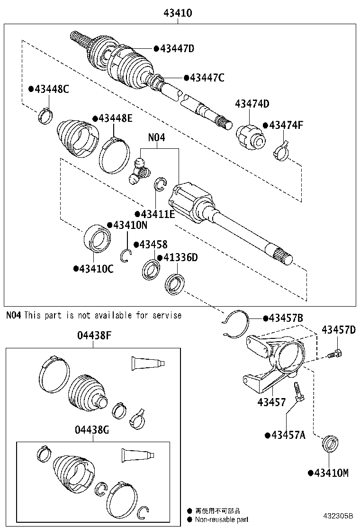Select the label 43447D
[x=177, y=48]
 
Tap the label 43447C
[x=207, y=78]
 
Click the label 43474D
[x=252, y=104]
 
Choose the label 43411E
[x=157, y=214]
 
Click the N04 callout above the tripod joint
[x=157, y=138]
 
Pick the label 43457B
[x=285, y=318]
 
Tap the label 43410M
[x=331, y=472]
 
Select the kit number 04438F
[x=94, y=336]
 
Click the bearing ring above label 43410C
[x=98, y=238]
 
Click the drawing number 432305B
[x=339, y=516]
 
